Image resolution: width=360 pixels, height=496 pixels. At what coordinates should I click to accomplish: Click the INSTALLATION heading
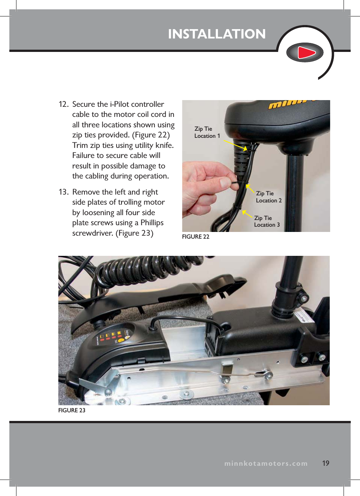tap(217, 34)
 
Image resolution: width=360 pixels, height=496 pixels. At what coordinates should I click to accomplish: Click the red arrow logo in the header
tap(305, 52)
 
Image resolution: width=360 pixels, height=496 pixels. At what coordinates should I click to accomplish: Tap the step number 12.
tap(63, 104)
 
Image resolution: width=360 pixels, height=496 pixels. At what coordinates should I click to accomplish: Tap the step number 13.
tap(63, 192)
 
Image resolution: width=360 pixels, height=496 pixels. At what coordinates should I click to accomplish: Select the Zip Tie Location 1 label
tap(207, 132)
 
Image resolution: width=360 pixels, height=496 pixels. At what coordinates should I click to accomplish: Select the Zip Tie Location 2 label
tap(268, 197)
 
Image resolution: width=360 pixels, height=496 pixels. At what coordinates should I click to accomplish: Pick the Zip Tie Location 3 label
tap(267, 221)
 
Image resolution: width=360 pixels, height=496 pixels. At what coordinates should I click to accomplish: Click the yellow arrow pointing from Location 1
tap(236, 145)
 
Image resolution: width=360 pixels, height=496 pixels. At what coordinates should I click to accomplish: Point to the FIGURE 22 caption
tap(196, 237)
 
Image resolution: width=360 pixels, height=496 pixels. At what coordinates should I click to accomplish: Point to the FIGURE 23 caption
tap(72, 410)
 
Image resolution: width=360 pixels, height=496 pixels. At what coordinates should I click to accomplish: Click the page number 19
tap(326, 463)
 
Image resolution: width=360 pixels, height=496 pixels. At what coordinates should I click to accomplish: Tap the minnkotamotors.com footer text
tap(266, 464)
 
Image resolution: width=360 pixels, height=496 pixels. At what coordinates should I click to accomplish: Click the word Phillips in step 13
tap(152, 223)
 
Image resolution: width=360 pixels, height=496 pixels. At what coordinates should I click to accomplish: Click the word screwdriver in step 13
tap(92, 233)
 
